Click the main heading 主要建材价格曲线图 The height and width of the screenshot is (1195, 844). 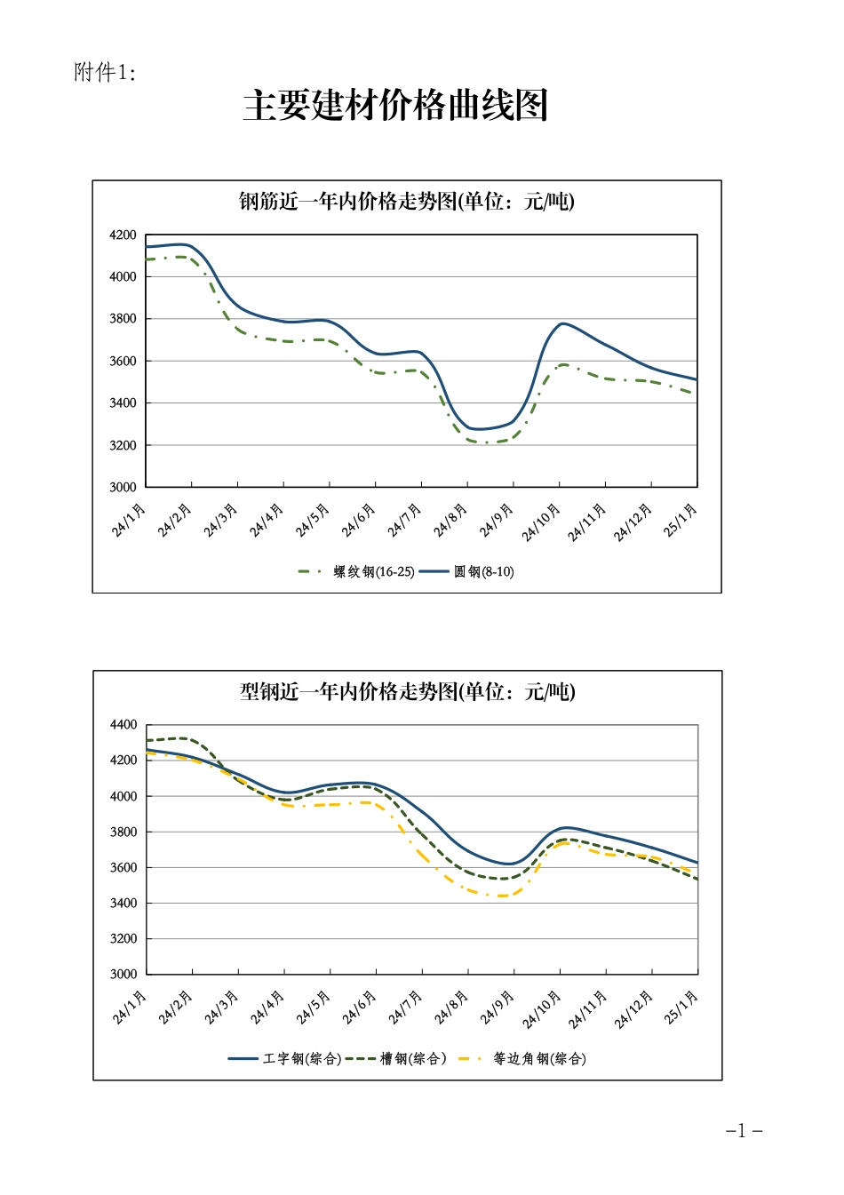coord(395,106)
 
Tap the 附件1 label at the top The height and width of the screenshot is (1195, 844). coord(105,73)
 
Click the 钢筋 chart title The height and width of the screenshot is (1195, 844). coord(407,202)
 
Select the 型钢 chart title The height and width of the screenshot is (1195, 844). coord(407,691)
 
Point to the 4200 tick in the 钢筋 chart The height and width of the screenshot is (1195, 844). coord(123,235)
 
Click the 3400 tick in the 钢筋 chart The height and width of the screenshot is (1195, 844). coord(123,403)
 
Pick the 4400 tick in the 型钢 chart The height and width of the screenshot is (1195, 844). coord(123,725)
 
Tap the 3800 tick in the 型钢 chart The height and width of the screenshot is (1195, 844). coord(123,832)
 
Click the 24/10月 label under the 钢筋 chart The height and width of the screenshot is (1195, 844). coord(542,522)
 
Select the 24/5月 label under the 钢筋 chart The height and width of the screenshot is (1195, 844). coord(313,521)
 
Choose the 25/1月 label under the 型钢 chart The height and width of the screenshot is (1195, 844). coord(681,1008)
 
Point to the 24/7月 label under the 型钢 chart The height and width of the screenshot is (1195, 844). coord(405,1008)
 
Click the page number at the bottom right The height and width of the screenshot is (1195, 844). coord(744,1131)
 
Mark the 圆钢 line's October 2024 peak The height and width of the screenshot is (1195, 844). coord(562,323)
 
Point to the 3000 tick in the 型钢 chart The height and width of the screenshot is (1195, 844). coord(123,974)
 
